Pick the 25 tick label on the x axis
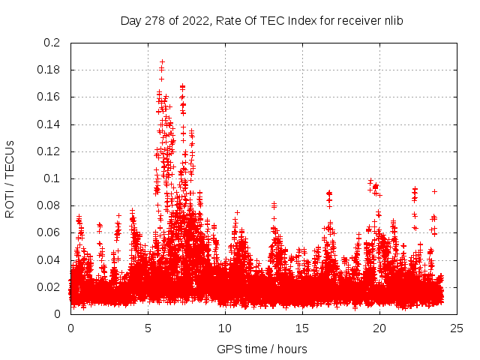click(457, 328)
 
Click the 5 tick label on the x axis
click(148, 328)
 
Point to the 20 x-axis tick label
click(380, 328)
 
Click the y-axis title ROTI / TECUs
click(10, 178)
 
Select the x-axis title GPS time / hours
click(262, 349)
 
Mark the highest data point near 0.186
click(162, 62)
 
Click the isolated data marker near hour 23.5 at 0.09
click(434, 191)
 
